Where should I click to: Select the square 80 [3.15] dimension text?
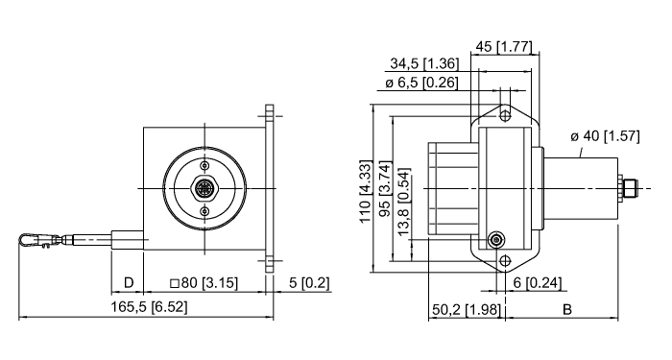(x=204, y=283)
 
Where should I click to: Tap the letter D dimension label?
(x=128, y=283)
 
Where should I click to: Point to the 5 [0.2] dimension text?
(x=309, y=283)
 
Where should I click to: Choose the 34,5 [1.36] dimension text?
(x=423, y=63)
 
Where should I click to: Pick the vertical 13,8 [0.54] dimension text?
(x=404, y=205)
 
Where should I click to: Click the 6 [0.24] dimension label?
(x=535, y=283)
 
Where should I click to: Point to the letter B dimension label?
(x=566, y=309)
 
